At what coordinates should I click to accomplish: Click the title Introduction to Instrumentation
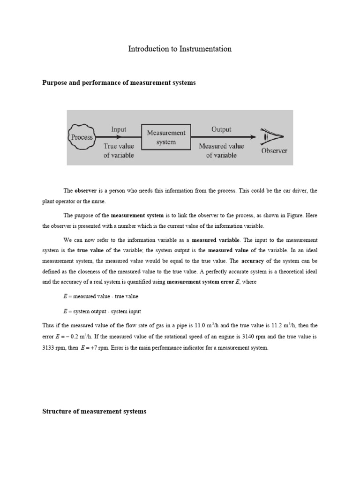click(x=180, y=49)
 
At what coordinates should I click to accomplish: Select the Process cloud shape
click(x=82, y=137)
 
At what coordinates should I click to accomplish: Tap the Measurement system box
click(x=166, y=137)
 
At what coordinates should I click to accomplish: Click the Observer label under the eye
click(x=274, y=151)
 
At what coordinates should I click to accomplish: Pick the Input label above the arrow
click(x=119, y=129)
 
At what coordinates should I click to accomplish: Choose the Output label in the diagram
click(x=222, y=129)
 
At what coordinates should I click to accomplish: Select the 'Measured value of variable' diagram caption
click(x=222, y=150)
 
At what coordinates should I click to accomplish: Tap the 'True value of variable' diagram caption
click(x=119, y=150)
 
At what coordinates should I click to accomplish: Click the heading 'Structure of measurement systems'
click(x=94, y=411)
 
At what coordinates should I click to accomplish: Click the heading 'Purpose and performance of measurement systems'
click(x=119, y=82)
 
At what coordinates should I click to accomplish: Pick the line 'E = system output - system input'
click(x=102, y=311)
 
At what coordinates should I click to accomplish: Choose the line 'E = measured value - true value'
click(x=100, y=297)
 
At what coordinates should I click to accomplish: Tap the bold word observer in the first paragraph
click(x=86, y=191)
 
